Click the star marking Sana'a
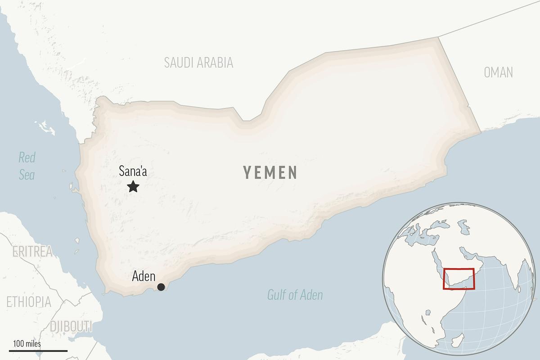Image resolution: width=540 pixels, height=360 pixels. tap(133, 186)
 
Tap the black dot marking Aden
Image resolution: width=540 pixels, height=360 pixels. tap(161, 287)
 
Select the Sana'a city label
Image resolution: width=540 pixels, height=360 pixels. tap(133, 171)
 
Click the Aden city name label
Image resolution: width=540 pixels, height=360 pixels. tap(144, 277)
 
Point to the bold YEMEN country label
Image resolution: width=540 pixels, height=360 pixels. tap(270, 172)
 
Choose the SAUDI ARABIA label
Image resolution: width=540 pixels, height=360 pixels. tap(198, 63)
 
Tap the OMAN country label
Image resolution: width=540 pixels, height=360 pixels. tap(498, 72)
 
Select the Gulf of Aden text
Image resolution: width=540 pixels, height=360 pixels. tap(295, 295)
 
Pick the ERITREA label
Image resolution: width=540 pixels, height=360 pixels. tap(32, 252)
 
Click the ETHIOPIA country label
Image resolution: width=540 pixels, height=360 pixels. tap(28, 301)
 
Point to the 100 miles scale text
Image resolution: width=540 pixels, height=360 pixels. tap(27, 344)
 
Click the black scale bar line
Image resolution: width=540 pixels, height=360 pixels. tap(38, 350)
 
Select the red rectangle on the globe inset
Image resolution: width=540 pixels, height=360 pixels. tap(459, 279)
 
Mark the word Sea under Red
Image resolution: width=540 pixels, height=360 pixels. tap(27, 175)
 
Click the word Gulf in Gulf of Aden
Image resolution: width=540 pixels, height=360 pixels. tap(276, 295)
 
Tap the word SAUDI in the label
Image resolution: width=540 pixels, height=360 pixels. tap(178, 63)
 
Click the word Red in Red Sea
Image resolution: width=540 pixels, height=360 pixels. tap(27, 157)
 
